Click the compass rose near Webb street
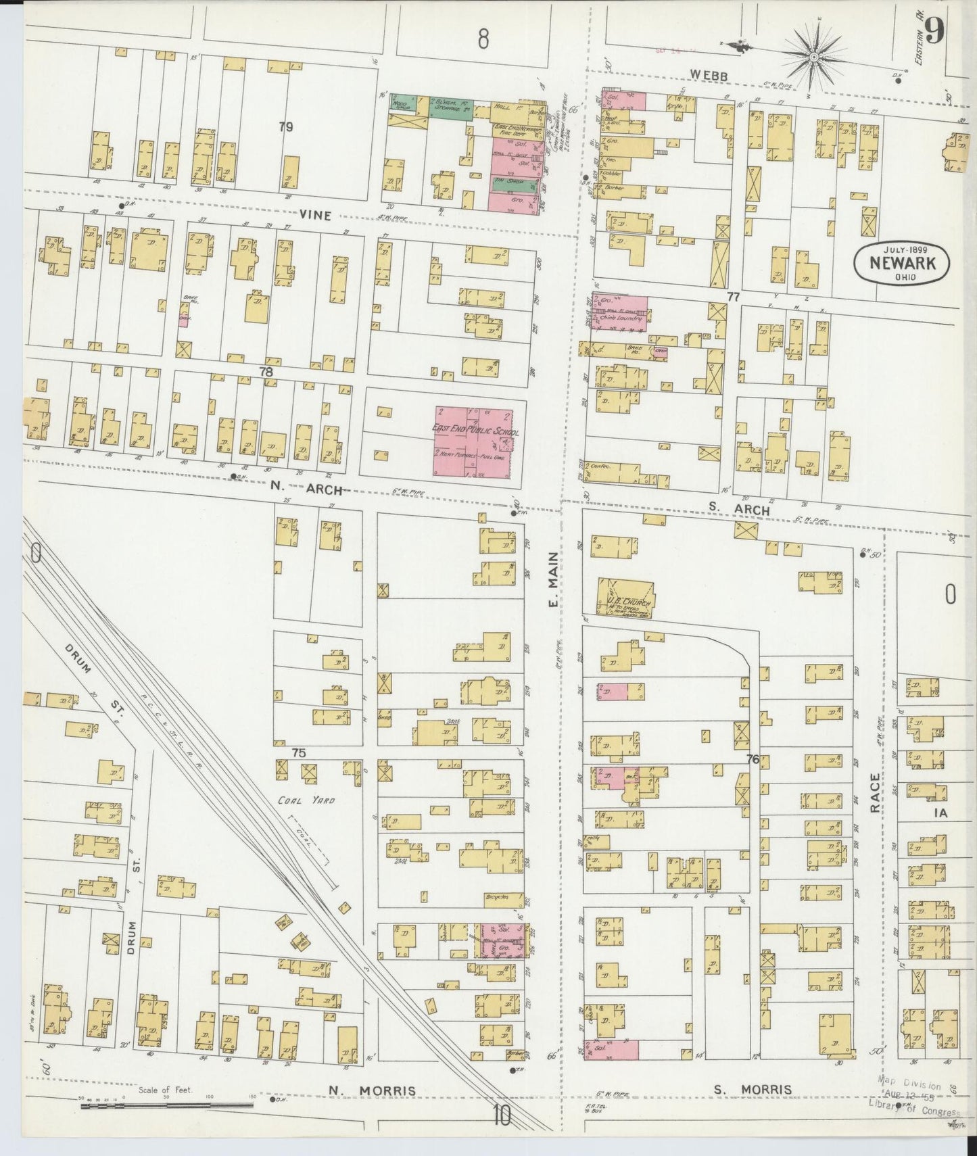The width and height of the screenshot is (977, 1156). [813, 54]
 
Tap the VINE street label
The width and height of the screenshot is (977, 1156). [317, 215]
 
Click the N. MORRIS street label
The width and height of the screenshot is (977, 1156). [371, 1090]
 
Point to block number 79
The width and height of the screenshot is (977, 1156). [287, 126]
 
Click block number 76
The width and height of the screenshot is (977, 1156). [753, 759]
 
